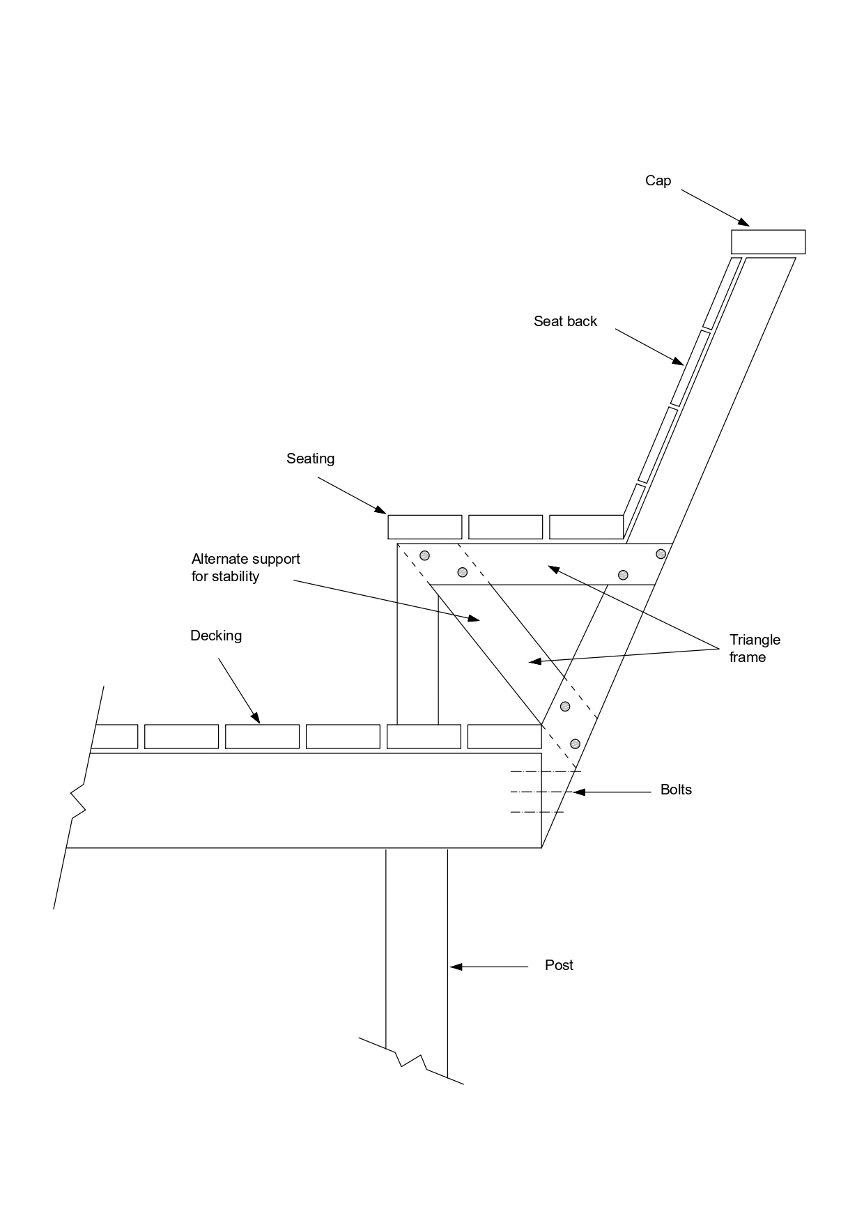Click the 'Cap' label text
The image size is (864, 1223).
[x=658, y=180]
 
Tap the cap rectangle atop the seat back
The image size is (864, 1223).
[x=768, y=242]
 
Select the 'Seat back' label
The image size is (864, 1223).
[x=565, y=321]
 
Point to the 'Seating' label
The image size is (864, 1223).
[x=310, y=459]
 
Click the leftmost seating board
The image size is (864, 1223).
[x=424, y=527]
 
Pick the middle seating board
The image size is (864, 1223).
[x=505, y=527]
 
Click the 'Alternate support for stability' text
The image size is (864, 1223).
[x=245, y=567]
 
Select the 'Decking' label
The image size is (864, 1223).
[x=216, y=636]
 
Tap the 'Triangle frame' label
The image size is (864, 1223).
[x=755, y=648]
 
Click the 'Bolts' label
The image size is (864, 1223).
[x=676, y=790]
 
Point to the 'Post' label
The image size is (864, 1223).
[x=559, y=965]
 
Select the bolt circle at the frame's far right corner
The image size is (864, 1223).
[x=661, y=554]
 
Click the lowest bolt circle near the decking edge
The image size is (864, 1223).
[x=575, y=744]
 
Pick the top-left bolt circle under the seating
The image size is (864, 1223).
[x=424, y=555]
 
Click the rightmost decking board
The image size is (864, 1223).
[x=504, y=737]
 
